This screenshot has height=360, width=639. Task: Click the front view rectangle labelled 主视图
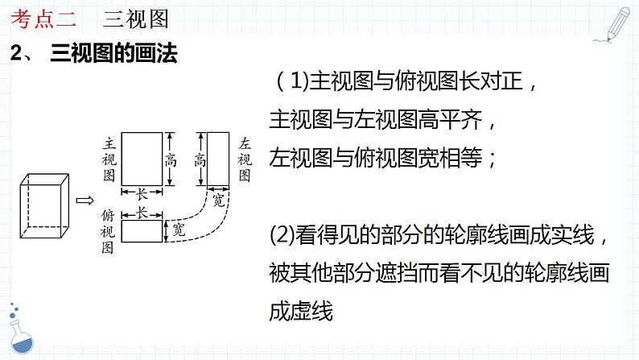[x=142, y=159]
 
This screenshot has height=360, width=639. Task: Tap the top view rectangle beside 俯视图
[x=142, y=231]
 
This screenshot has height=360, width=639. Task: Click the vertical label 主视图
[x=108, y=159]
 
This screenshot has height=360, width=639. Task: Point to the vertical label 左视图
[x=245, y=159]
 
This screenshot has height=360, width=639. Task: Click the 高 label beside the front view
[x=171, y=159]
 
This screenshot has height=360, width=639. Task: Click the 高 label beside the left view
[x=200, y=159]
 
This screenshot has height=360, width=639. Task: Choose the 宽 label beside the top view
[x=179, y=231]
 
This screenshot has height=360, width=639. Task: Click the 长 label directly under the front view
[x=142, y=195]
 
